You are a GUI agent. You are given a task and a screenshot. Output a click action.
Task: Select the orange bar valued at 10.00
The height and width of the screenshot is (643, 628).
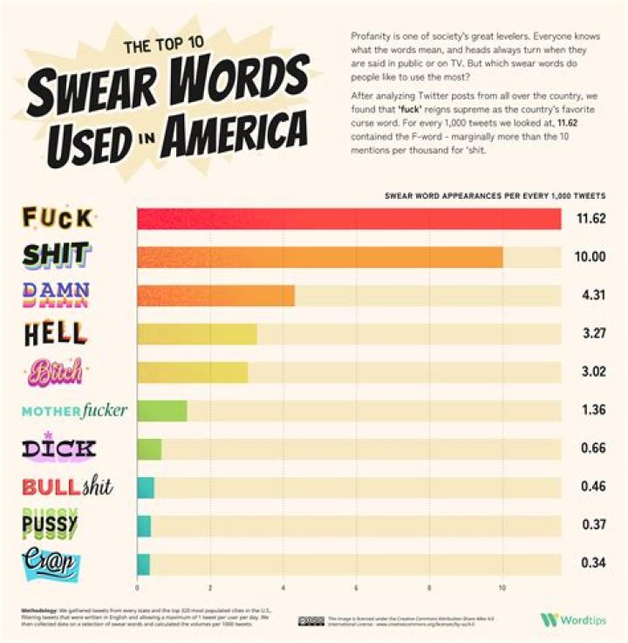pos(319,257)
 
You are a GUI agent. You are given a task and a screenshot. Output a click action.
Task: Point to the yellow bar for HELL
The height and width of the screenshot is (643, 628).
pos(196,333)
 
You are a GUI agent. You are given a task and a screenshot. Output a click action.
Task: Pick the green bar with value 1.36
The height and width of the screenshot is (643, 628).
pos(162,410)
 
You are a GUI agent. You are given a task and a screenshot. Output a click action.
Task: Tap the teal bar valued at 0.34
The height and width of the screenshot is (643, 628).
pos(143,564)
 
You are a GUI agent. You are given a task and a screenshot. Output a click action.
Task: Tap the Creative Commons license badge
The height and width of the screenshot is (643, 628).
pos(311,620)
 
